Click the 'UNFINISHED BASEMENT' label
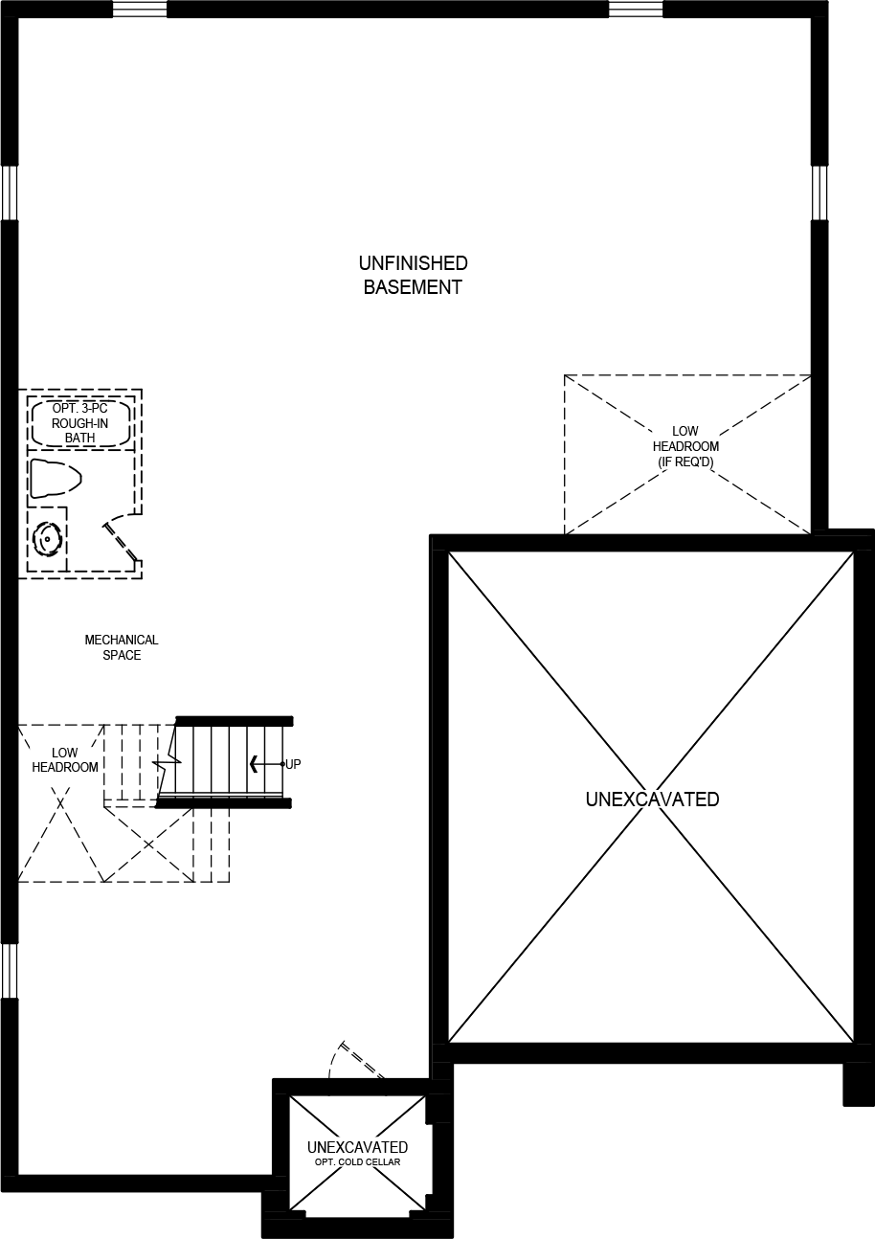[x=413, y=275]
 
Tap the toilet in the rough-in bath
[x=54, y=478]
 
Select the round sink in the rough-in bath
[x=45, y=539]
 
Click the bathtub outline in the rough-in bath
[x=80, y=424]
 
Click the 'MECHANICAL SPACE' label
[x=122, y=647]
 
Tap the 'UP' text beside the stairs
[x=293, y=764]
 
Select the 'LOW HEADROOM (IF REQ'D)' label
[x=685, y=447]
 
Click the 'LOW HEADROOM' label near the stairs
[x=65, y=760]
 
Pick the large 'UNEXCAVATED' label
[x=652, y=799]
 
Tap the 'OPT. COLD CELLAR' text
[x=357, y=1162]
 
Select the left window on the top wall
[x=140, y=10]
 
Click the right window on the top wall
[x=636, y=10]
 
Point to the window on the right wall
[x=819, y=193]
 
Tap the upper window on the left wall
[x=9, y=193]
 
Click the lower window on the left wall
[x=9, y=971]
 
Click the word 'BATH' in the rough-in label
[x=80, y=439]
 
